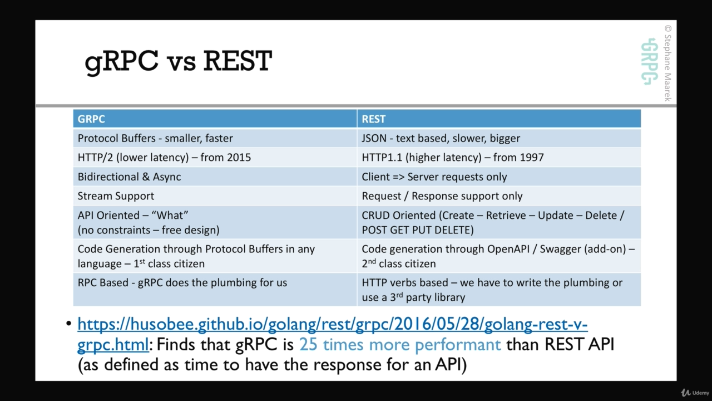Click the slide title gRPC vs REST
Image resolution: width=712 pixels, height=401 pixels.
(179, 62)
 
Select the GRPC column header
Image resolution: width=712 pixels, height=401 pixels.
(91, 119)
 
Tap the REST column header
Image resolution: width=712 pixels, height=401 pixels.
(373, 119)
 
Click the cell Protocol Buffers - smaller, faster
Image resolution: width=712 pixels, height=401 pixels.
(155, 138)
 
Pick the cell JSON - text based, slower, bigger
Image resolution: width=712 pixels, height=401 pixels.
(441, 138)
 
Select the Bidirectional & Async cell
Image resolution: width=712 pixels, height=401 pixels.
(130, 177)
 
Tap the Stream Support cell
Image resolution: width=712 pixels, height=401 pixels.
(116, 196)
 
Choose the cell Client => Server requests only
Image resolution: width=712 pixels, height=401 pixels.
(434, 177)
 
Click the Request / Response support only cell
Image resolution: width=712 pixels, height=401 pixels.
(442, 196)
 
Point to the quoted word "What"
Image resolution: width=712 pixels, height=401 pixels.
(170, 215)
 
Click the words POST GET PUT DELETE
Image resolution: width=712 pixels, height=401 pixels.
(418, 230)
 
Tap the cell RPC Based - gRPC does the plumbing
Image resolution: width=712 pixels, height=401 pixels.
(182, 282)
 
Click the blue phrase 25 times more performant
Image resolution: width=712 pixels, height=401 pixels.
(400, 345)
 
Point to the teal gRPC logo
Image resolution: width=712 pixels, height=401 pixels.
(649, 62)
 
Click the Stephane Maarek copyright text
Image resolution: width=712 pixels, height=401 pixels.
(668, 63)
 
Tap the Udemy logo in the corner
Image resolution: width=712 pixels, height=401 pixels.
(695, 393)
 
